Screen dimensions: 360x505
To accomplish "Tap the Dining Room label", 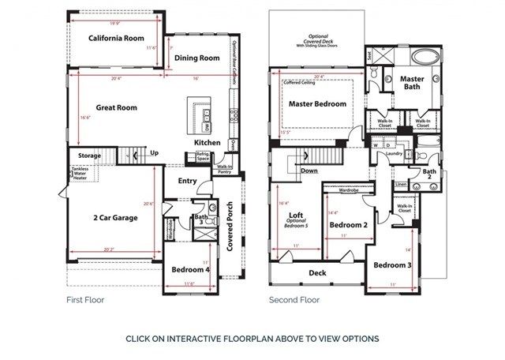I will [196, 58].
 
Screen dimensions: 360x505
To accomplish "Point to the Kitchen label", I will [208, 142].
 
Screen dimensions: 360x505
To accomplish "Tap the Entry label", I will [187, 181].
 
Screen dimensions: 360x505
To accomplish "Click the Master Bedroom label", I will [317, 104].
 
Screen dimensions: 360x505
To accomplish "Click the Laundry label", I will [394, 154].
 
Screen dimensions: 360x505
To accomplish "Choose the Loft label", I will [296, 215].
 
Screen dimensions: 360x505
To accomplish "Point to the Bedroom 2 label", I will [349, 225].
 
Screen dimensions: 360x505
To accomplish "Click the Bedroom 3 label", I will [392, 264].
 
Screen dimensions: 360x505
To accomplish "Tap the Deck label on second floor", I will [317, 272].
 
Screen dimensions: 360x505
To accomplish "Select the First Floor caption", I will [85, 300].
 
